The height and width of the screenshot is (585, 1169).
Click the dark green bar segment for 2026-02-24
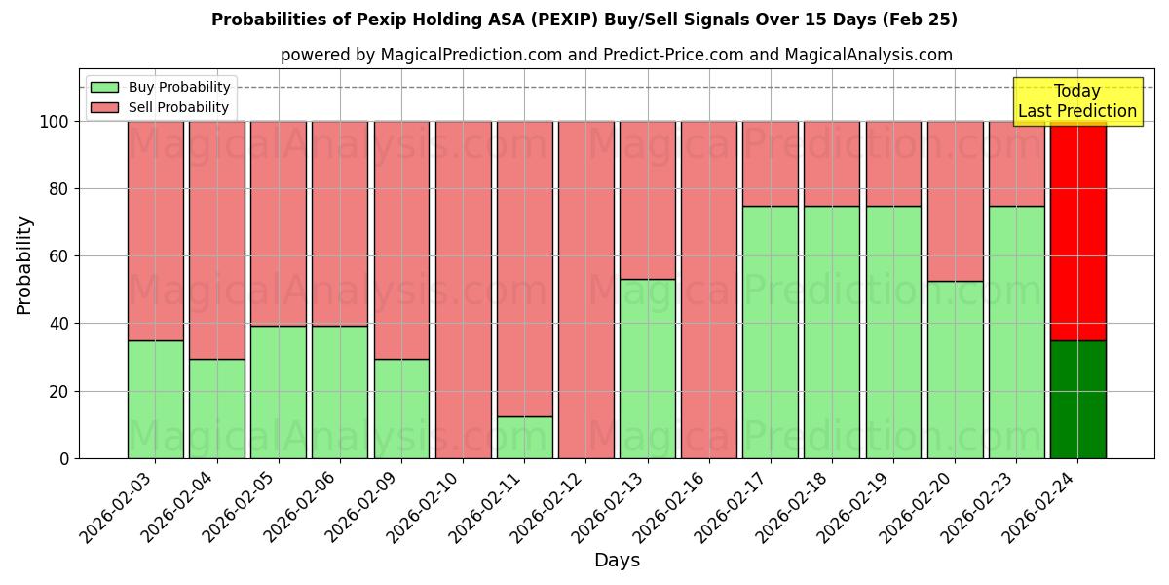(x=1077, y=400)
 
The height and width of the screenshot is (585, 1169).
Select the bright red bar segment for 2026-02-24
(x=1077, y=231)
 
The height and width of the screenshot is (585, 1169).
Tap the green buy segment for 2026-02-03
(x=155, y=400)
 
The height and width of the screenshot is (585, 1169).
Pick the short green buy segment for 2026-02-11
(x=524, y=438)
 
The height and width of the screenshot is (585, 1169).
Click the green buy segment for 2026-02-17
(x=770, y=331)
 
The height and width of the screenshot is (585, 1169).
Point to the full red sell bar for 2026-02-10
(x=463, y=290)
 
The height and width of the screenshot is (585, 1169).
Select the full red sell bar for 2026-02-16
(x=708, y=290)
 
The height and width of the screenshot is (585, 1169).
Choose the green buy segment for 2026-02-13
(x=647, y=369)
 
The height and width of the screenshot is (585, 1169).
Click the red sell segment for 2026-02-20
(x=955, y=201)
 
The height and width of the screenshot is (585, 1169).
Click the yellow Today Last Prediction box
(x=1076, y=101)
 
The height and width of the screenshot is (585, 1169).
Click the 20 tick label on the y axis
(x=57, y=392)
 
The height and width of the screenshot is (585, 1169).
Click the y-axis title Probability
(x=24, y=264)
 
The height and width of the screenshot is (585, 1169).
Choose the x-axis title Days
(x=617, y=561)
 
